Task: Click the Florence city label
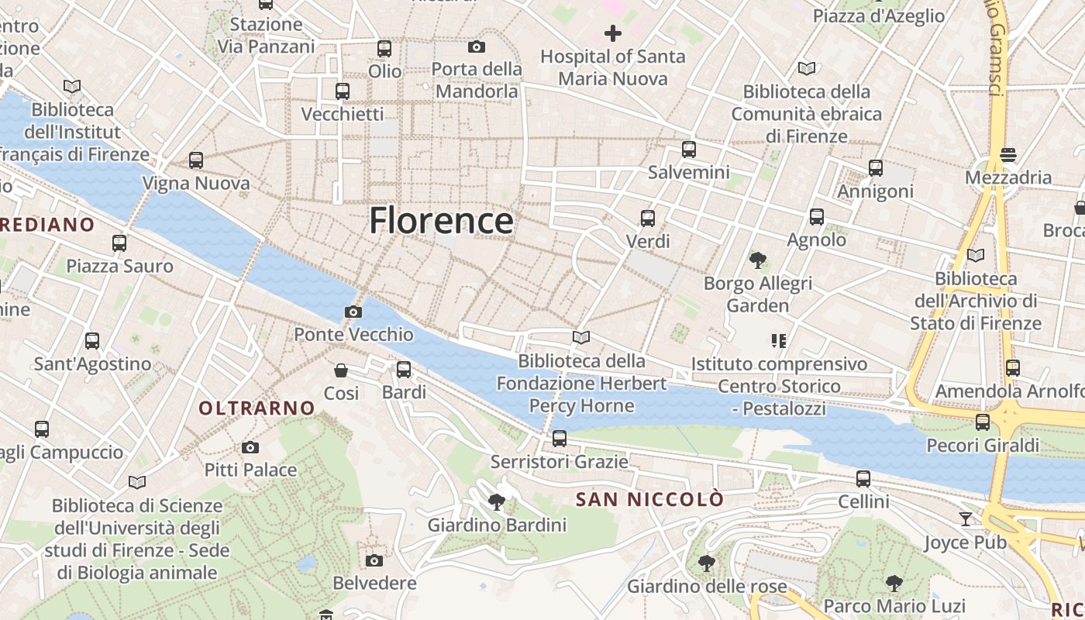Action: point(441,221)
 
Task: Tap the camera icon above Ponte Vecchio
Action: point(353,312)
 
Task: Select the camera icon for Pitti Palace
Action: point(250,447)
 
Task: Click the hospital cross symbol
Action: point(613,33)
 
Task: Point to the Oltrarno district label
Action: point(257,408)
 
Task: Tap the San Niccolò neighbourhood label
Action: point(649,500)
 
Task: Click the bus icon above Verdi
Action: point(648,219)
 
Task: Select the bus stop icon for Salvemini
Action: point(689,150)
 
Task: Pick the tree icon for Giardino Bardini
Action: point(497,502)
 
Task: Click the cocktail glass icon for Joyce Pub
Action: point(966,518)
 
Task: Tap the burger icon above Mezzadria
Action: point(1008,155)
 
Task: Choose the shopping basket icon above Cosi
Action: point(340,370)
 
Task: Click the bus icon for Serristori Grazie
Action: point(560,439)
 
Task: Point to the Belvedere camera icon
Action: point(374,560)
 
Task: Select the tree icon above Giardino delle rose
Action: point(706,563)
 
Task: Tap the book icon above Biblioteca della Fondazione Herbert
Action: point(581,337)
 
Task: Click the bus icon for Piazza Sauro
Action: point(119,243)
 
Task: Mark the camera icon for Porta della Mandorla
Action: point(477,46)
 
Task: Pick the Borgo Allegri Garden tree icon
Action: point(757,260)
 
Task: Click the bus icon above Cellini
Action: point(863,479)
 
